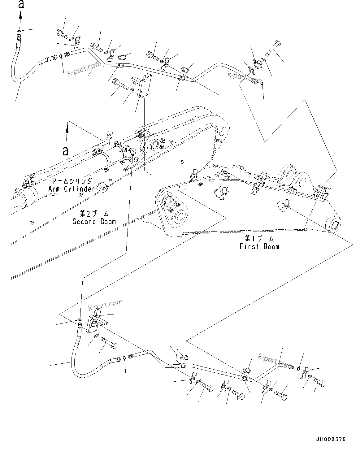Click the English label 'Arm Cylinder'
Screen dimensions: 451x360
pos(72,189)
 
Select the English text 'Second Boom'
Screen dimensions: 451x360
pos(94,221)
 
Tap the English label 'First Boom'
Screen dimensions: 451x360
pos(259,246)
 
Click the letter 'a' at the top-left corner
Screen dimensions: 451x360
pos(21,4)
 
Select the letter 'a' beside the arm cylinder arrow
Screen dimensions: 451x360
pos(65,151)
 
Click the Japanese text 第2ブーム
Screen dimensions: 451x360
pos(94,214)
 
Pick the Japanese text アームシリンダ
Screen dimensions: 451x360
pos(72,181)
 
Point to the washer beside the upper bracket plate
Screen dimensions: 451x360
pos(132,90)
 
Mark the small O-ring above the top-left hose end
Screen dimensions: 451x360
pos(19,31)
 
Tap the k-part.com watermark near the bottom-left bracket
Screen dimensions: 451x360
pos(105,305)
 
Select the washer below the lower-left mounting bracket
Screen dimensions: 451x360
pos(96,336)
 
